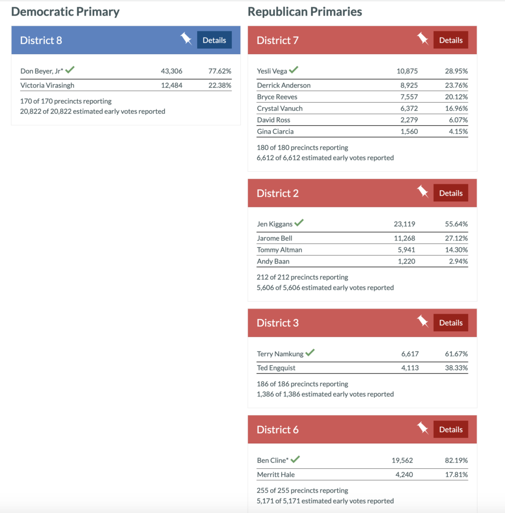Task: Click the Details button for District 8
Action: (214, 40)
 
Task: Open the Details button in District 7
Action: (450, 40)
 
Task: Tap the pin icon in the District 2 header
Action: (423, 192)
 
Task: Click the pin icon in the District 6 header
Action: (423, 429)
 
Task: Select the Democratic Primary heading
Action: (65, 12)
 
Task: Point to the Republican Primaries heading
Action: (304, 12)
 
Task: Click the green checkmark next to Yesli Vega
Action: (293, 70)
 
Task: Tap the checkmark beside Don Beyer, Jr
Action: (70, 70)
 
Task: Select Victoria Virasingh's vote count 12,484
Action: (172, 85)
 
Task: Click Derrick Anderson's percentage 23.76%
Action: (456, 85)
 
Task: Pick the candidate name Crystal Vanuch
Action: (279, 108)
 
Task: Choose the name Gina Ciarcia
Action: (275, 131)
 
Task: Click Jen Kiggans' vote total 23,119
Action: (404, 224)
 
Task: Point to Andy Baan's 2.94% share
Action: (458, 261)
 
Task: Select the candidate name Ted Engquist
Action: (276, 368)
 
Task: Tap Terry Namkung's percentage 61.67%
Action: (456, 354)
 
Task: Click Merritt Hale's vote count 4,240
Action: (404, 474)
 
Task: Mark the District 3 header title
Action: (277, 323)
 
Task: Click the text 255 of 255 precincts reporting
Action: (302, 490)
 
